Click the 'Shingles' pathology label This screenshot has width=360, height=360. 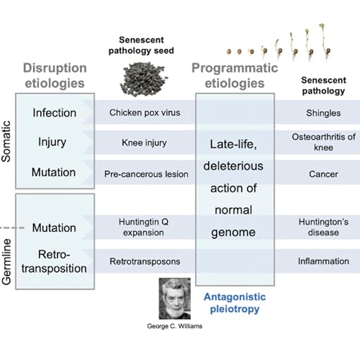pyautogui.click(x=320, y=113)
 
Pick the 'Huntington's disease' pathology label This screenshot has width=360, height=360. pyautogui.click(x=323, y=226)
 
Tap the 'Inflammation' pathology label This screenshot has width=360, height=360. pyautogui.click(x=323, y=261)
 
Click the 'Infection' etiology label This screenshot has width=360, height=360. pyautogui.click(x=54, y=113)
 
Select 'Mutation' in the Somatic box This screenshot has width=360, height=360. pyautogui.click(x=54, y=173)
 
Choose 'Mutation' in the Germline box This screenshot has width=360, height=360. pyautogui.click(x=54, y=228)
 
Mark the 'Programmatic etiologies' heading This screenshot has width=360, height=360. pyautogui.click(x=234, y=76)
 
